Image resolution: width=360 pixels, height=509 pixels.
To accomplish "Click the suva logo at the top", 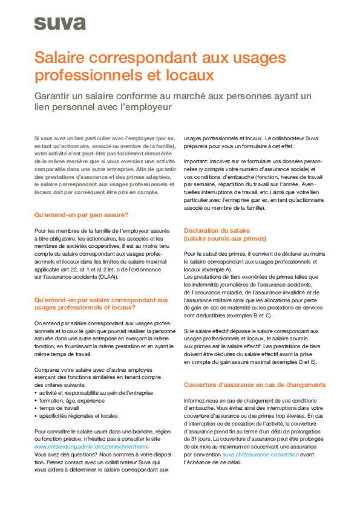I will (x=59, y=24).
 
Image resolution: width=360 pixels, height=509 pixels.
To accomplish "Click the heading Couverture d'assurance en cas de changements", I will (x=254, y=384).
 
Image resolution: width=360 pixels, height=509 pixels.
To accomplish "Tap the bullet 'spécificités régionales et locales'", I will (x=79, y=416).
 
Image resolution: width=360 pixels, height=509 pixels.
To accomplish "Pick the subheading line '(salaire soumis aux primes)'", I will (x=224, y=238).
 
